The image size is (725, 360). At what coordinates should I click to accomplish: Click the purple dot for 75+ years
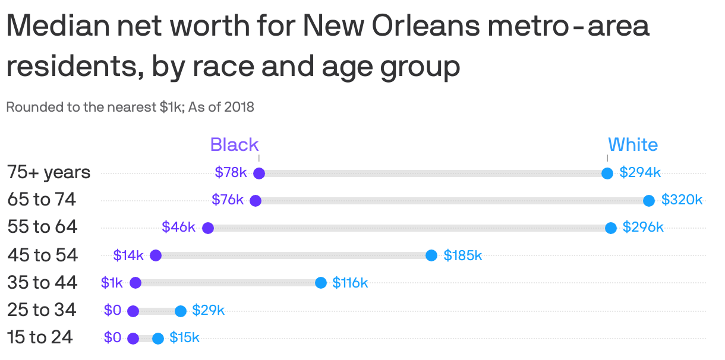pos(259,173)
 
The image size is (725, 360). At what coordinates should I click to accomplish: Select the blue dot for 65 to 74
pos(649,201)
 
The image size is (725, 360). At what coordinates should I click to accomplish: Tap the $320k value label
pos(682,200)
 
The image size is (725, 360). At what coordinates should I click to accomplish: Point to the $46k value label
pos(178,227)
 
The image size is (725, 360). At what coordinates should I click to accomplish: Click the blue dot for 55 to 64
pos(610,228)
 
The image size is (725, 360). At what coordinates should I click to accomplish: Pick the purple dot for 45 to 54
pos(156,255)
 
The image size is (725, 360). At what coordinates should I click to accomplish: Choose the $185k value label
pos(462,255)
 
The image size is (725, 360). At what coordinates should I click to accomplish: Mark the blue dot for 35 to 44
pos(321,283)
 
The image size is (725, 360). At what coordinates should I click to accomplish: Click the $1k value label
pos(112,283)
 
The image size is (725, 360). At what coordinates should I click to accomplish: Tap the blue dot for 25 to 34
pos(181,311)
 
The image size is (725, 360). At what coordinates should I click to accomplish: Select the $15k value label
pos(184,338)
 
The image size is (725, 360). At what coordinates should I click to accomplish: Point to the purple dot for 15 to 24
pos(133,339)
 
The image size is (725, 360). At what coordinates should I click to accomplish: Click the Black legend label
pos(234,145)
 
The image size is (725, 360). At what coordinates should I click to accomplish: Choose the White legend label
pos(632,145)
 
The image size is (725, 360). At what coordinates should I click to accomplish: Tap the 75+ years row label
pos(49,172)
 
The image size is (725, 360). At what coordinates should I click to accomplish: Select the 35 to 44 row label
pos(42,283)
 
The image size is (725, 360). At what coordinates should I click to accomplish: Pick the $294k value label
pos(640,172)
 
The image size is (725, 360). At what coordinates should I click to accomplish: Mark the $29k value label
pos(208,310)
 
